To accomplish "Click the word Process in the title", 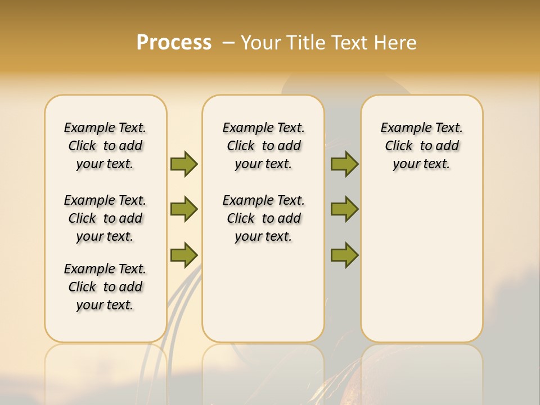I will click(x=174, y=43).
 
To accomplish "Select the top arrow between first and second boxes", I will click(x=184, y=164).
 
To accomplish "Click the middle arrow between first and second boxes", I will click(x=184, y=209).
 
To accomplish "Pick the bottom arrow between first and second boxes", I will click(x=184, y=255).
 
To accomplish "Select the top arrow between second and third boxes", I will click(x=344, y=164).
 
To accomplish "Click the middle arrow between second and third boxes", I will click(x=344, y=209).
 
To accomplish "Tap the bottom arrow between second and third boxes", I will click(x=344, y=255).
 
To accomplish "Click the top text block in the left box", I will click(x=105, y=146).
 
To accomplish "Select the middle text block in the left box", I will click(x=105, y=218).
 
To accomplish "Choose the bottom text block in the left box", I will click(x=105, y=287).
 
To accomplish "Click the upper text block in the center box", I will click(x=263, y=146).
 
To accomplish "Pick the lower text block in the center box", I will click(x=263, y=218).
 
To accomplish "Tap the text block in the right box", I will click(x=422, y=146).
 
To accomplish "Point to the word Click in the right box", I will click(x=399, y=146).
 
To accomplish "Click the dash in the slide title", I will click(x=229, y=43).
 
